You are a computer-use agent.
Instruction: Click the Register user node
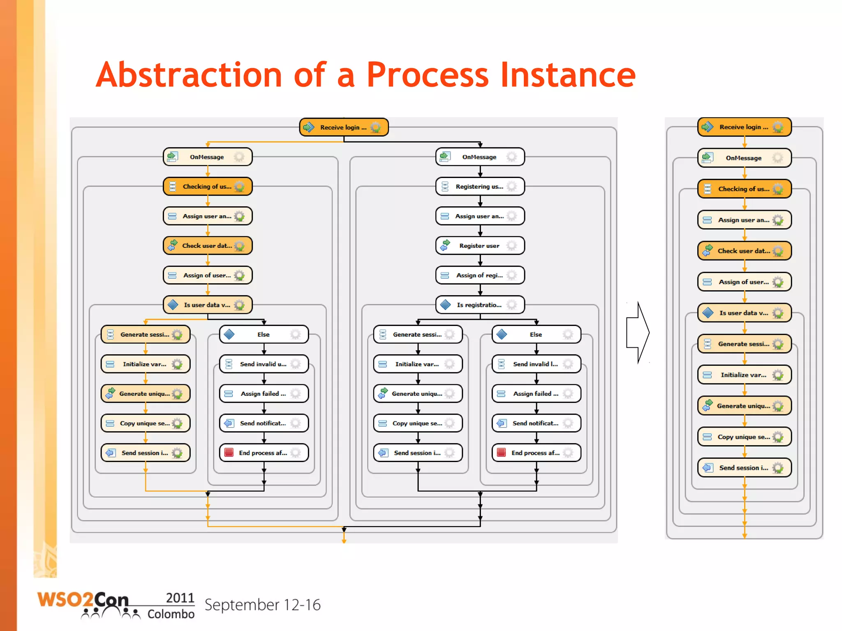(x=480, y=246)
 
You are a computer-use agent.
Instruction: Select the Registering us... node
(x=480, y=187)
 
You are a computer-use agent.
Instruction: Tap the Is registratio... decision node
(x=480, y=305)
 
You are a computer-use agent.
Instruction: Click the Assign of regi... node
(x=480, y=275)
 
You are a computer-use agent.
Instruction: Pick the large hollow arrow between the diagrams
(x=638, y=332)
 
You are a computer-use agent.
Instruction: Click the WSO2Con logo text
(x=82, y=600)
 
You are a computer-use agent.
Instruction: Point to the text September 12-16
(x=262, y=605)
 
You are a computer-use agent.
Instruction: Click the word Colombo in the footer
(x=171, y=614)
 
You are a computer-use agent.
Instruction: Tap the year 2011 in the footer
(x=180, y=598)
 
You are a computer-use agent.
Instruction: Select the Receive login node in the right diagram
(x=744, y=127)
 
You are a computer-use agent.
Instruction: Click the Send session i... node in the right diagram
(x=744, y=468)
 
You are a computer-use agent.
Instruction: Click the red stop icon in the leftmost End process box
(x=229, y=453)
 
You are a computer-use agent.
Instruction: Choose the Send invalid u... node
(x=264, y=364)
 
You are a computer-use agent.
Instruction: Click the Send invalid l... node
(x=536, y=364)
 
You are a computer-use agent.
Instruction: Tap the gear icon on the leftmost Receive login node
(x=375, y=127)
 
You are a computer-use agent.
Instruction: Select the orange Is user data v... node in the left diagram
(x=208, y=305)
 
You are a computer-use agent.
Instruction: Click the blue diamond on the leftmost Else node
(x=229, y=334)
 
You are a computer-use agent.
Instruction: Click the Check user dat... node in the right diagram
(x=744, y=251)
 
